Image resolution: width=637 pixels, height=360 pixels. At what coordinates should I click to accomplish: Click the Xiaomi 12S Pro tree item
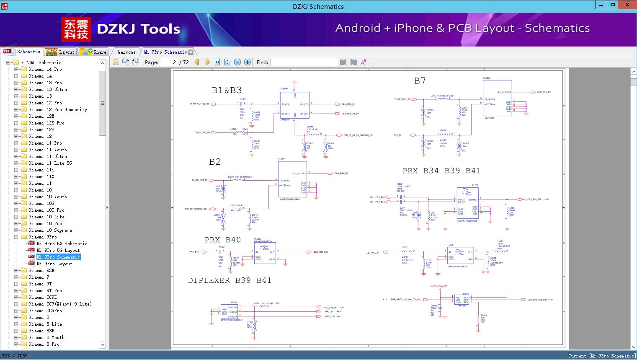point(46,123)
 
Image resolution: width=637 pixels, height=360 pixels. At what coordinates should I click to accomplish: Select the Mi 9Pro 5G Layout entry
point(58,250)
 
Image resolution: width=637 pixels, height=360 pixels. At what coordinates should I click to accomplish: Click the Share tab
point(94,52)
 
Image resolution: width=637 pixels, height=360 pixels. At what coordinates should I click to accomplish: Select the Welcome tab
point(126,52)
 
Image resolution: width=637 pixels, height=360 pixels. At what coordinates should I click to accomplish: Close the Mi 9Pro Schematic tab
point(191,52)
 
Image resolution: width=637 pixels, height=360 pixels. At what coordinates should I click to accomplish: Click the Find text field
point(304,62)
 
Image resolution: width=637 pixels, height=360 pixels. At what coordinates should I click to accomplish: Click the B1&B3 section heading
point(227,90)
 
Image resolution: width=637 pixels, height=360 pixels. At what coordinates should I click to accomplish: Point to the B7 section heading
point(420,81)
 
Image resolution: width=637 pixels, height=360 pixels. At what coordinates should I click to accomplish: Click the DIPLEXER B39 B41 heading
point(230,280)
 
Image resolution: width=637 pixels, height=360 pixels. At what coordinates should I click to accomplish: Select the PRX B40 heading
point(223,240)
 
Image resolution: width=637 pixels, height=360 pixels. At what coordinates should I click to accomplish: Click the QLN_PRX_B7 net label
point(544,92)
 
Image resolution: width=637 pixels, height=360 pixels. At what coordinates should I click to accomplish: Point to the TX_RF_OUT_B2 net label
point(200,180)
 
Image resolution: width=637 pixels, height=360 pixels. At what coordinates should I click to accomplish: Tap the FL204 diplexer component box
point(229,312)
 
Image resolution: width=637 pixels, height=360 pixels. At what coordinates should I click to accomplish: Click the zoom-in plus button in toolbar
point(248,62)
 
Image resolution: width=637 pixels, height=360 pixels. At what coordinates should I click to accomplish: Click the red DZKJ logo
point(76,29)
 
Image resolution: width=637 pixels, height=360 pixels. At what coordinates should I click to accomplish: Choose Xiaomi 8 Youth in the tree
point(46,337)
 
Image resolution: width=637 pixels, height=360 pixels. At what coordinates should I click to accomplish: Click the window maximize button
point(612,5)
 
